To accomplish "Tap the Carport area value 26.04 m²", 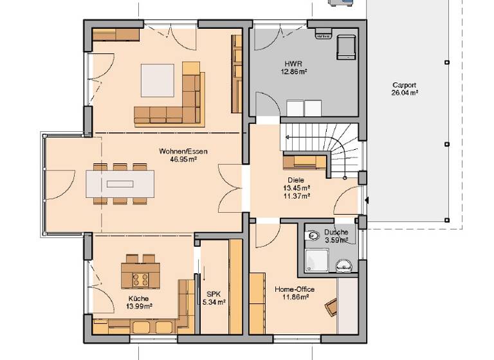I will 405,93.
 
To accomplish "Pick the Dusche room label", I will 336,233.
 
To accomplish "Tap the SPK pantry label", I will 212,294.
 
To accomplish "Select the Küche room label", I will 138,299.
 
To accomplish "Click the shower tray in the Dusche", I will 315,261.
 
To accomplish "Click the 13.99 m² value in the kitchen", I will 138,307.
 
